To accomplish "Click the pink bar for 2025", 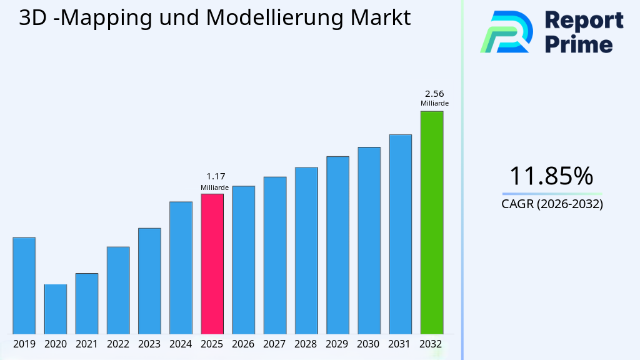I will pos(212,264).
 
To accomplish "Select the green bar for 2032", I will pos(431,222).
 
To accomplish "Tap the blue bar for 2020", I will pos(55,309).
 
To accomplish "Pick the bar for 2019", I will pos(24,286).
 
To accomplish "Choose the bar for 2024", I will pos(181,267).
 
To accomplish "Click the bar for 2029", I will pos(337,245).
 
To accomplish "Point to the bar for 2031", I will pos(400,234).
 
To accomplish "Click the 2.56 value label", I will pos(434,94).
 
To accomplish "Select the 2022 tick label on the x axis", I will pos(118,344).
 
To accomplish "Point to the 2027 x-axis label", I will pos(275,344).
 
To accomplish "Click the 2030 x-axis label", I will pos(369,344).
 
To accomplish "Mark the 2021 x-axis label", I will pos(86,344).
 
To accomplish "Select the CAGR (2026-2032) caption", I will pos(552,204).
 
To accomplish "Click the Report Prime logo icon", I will pos(506,32).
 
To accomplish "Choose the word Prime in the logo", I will pos(579,44).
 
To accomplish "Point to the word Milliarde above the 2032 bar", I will pos(434,104).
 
